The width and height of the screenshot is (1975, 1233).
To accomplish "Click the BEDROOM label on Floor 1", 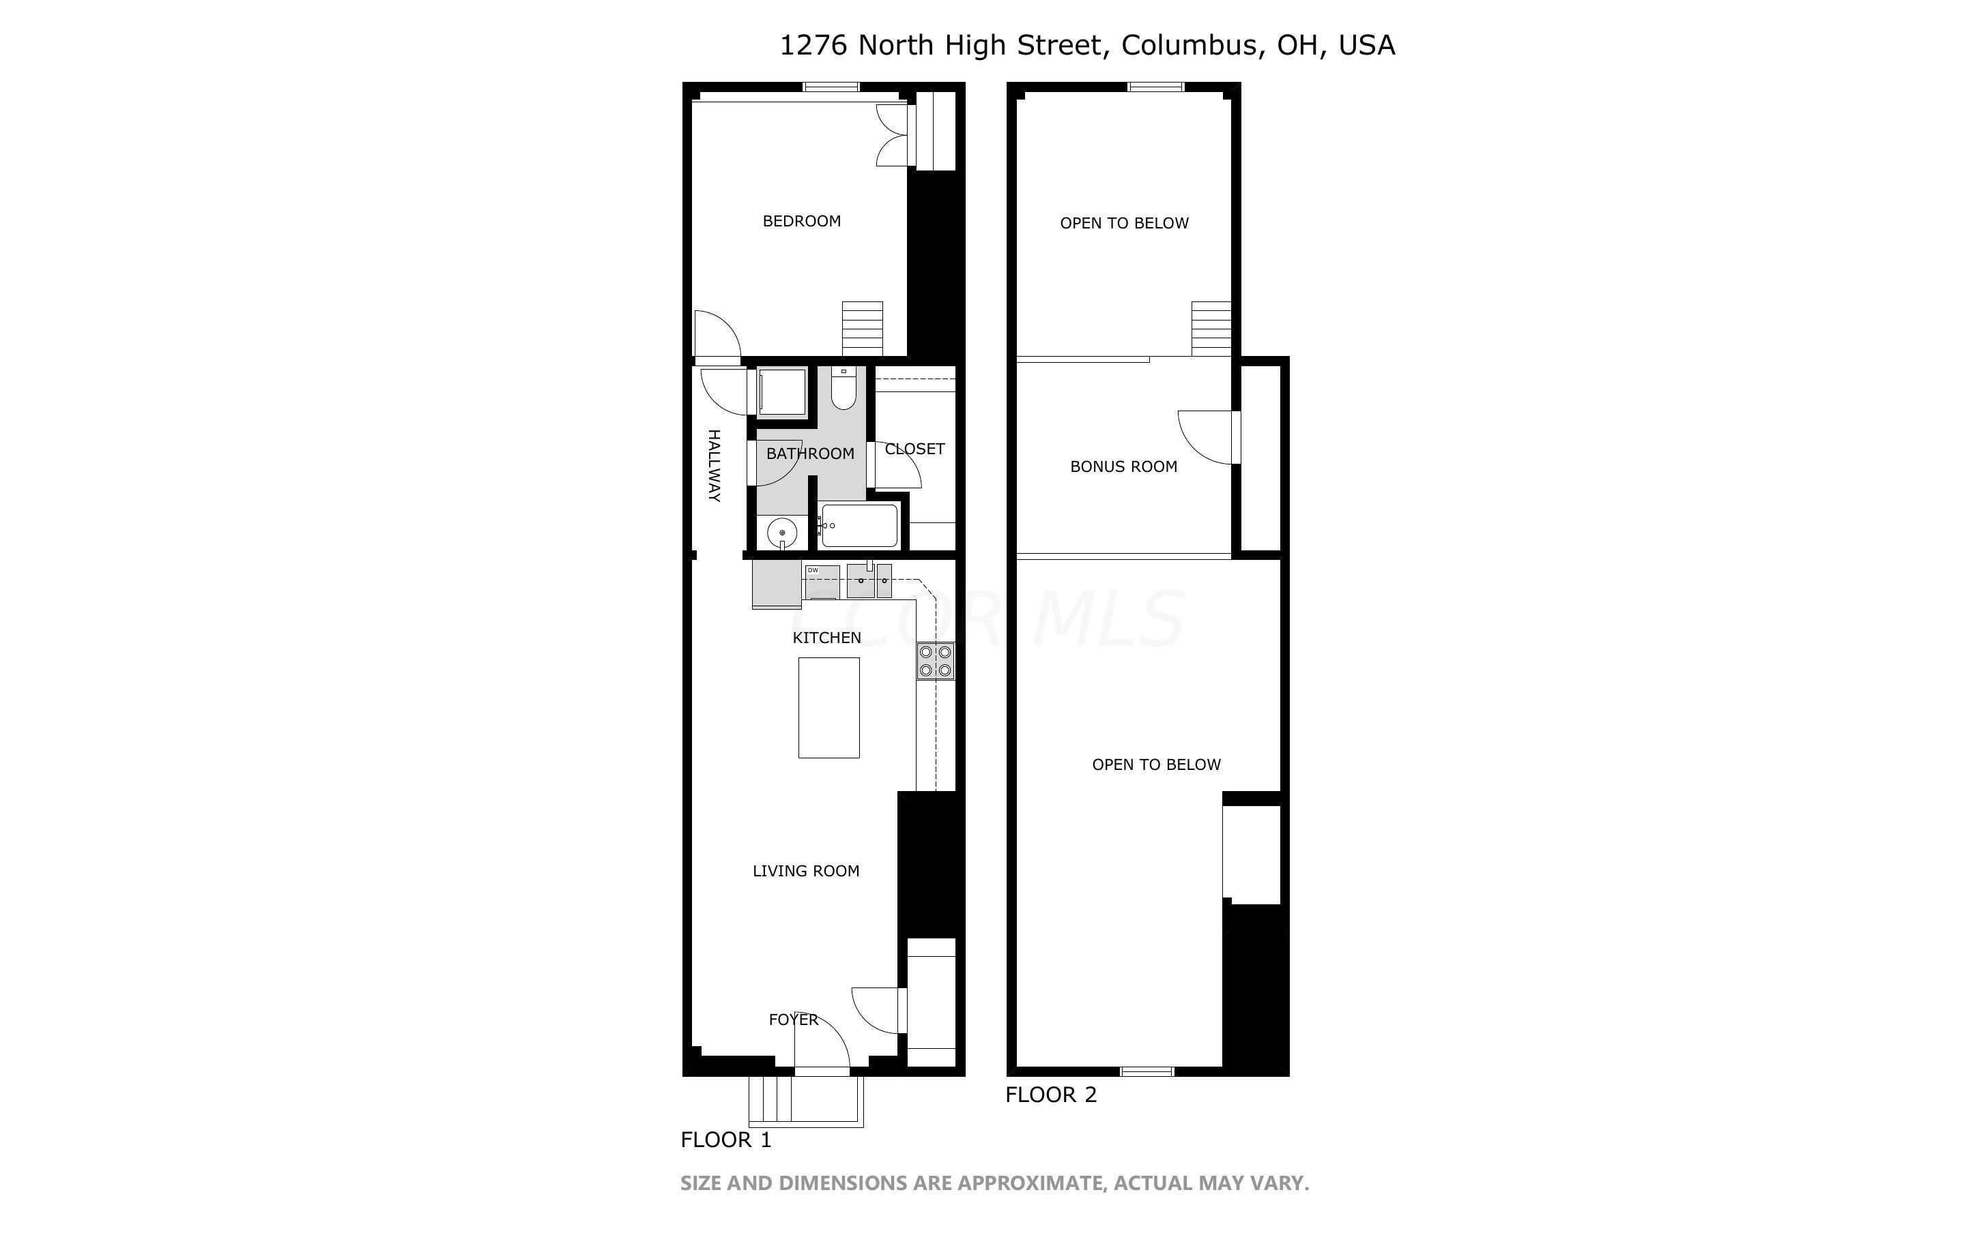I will [801, 221].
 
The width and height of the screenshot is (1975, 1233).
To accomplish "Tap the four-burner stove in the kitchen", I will [935, 662].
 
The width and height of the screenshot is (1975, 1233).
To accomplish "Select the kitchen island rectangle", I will [828, 707].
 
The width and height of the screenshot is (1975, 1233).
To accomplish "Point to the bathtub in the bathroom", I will [859, 526].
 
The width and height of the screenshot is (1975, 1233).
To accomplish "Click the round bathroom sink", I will [781, 533].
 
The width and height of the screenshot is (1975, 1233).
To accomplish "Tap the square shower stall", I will [781, 393].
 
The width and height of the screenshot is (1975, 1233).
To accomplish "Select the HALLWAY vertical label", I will [714, 465].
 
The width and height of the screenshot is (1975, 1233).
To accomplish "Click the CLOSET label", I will [914, 449].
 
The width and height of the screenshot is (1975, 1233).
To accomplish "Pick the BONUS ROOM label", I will [1123, 466].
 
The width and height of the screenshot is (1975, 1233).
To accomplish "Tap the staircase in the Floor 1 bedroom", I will [863, 329].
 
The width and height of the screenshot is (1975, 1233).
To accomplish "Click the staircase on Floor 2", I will [1211, 329].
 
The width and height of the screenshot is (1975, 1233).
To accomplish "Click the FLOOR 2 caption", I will [1051, 1095].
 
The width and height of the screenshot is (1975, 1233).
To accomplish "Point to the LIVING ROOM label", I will [805, 871].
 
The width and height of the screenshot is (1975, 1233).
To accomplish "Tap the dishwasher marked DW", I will [822, 582].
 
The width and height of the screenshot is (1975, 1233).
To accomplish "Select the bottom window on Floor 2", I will [1147, 1071].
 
